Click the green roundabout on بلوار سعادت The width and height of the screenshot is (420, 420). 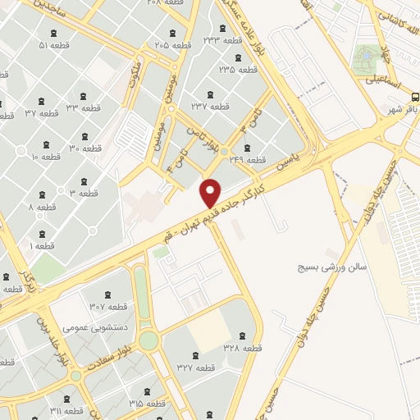[x=148, y=340]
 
